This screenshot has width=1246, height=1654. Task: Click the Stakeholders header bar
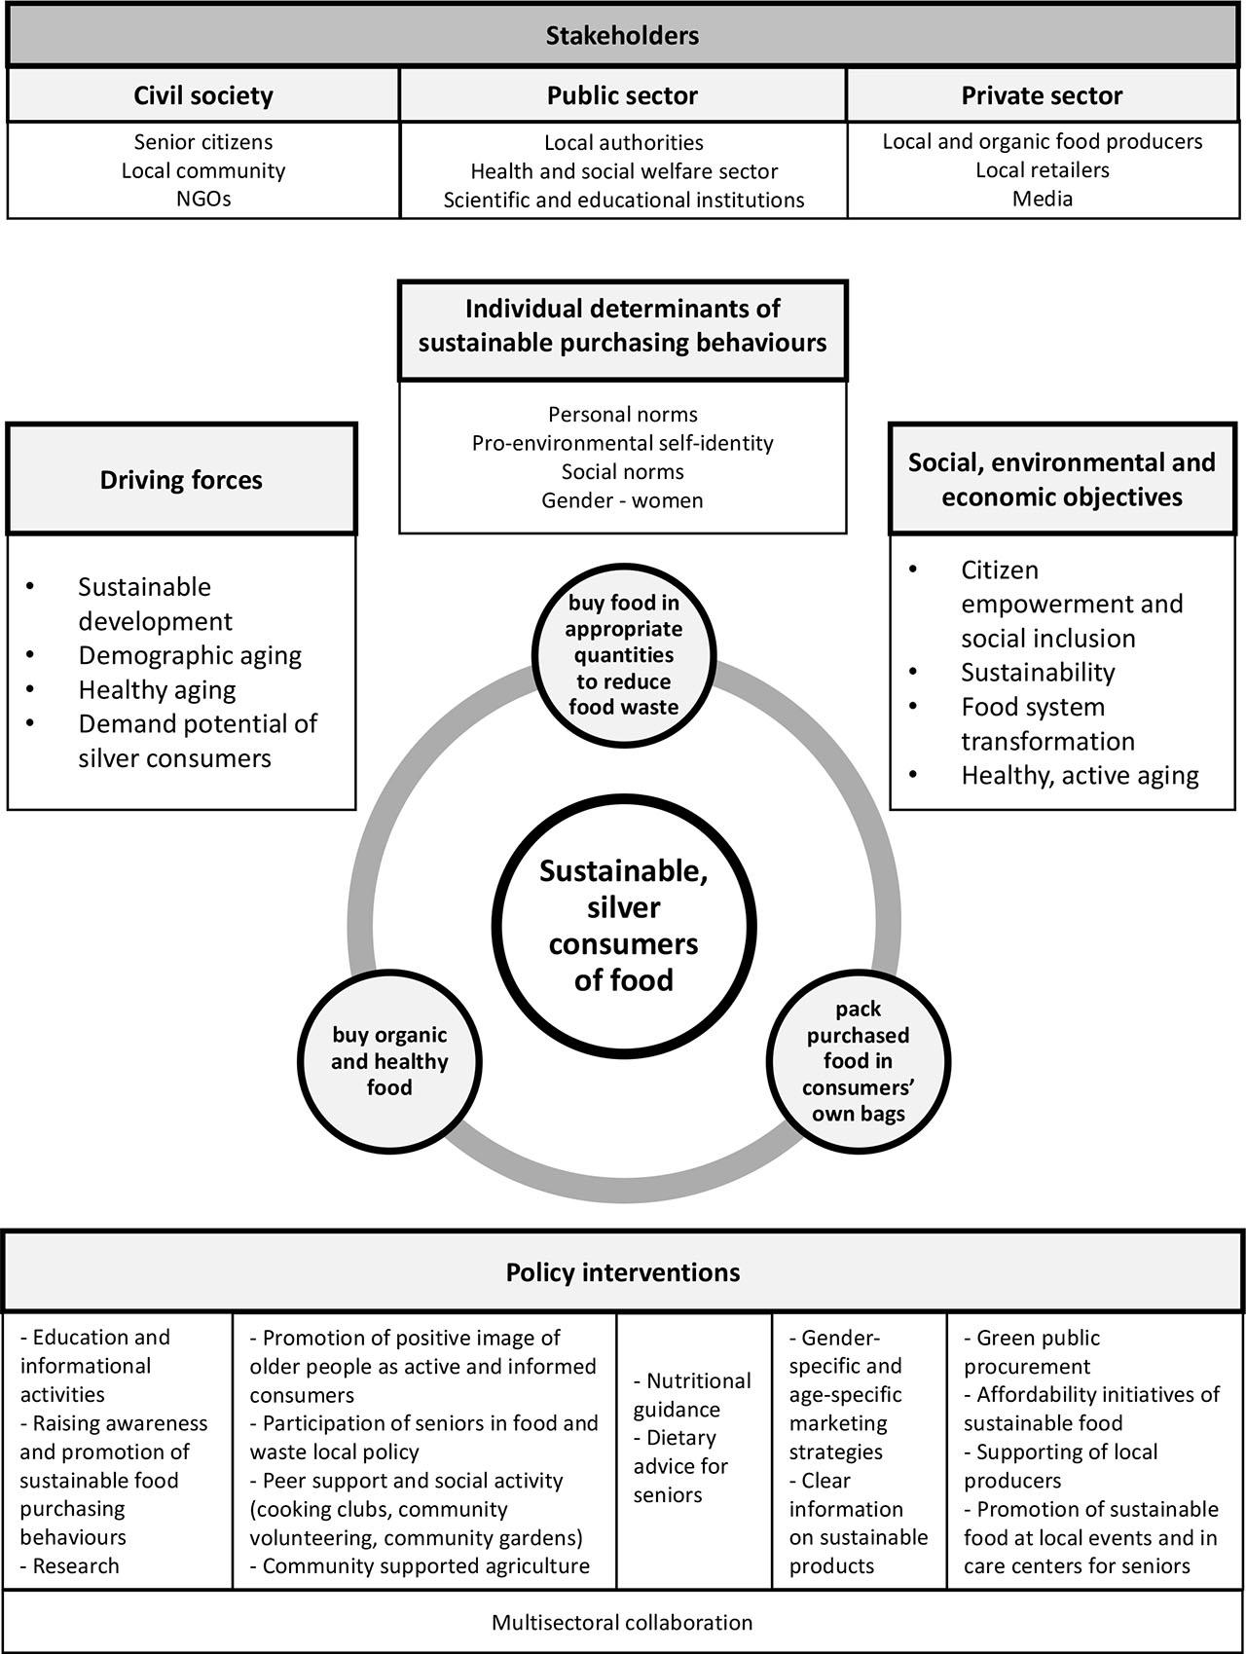click(622, 37)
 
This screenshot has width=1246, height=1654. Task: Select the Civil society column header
click(203, 95)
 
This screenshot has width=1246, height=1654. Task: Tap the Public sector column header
click(622, 95)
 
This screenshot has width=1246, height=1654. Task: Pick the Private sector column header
click(1042, 95)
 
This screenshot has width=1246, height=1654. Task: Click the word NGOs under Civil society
click(203, 199)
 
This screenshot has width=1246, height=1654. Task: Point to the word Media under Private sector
click(1043, 199)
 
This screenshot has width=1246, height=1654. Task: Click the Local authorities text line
click(624, 143)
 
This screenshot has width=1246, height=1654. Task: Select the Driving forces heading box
click(181, 480)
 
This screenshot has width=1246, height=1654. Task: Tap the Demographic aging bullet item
click(190, 655)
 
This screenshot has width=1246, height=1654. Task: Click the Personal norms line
click(623, 415)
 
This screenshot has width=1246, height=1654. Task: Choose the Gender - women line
click(623, 500)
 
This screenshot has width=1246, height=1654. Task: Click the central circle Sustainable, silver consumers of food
click(623, 925)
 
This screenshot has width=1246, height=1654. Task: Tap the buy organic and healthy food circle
click(389, 1061)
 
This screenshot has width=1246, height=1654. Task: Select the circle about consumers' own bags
click(858, 1061)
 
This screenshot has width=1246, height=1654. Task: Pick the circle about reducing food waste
click(624, 654)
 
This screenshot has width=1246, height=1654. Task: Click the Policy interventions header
click(623, 1272)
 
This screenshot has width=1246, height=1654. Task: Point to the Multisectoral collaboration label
click(622, 1623)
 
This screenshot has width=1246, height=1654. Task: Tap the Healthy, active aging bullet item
click(1080, 775)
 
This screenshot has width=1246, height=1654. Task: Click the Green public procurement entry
click(1032, 1352)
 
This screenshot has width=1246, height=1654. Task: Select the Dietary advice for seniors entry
click(680, 1466)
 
